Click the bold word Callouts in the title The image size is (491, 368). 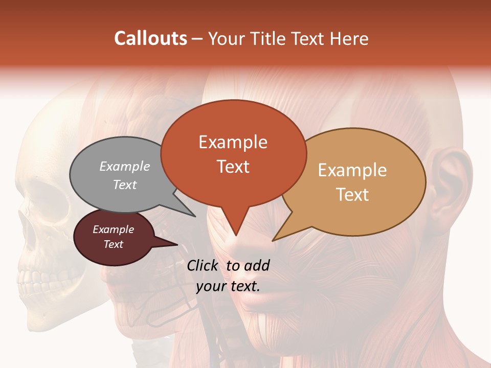pos(150,38)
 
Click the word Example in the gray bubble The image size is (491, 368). pos(125,166)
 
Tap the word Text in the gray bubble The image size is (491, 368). pos(125,185)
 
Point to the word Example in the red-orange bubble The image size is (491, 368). pos(233,142)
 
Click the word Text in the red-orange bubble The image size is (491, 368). pos(233,167)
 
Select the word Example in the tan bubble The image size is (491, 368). pos(352,170)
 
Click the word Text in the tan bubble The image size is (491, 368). pos(352,194)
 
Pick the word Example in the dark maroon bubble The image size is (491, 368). pos(113,229)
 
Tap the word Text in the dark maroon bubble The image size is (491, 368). pos(113,244)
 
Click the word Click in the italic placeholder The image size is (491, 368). pos(203,265)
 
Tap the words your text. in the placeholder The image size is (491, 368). pos(228,286)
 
